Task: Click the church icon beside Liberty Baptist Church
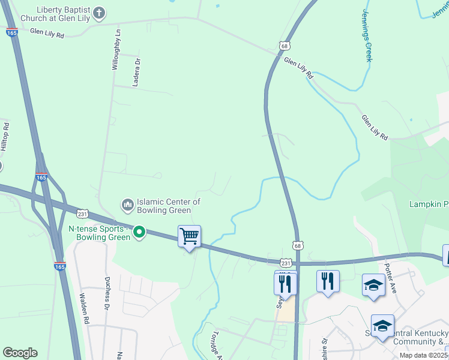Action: pyautogui.click(x=100, y=12)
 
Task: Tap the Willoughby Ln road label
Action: pyautogui.click(x=117, y=49)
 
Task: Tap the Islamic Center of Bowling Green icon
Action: pyautogui.click(x=127, y=205)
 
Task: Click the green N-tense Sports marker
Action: pyautogui.click(x=139, y=232)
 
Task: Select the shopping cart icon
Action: pyautogui.click(x=189, y=236)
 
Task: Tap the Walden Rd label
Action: pyautogui.click(x=85, y=308)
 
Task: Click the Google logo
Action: pyautogui.click(x=20, y=353)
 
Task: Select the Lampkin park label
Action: pyautogui.click(x=429, y=205)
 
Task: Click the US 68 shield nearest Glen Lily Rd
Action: pyautogui.click(x=285, y=46)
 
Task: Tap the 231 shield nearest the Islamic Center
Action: pyautogui.click(x=82, y=214)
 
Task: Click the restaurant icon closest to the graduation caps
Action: pyautogui.click(x=328, y=281)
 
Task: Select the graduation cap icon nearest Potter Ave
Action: pyautogui.click(x=373, y=284)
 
